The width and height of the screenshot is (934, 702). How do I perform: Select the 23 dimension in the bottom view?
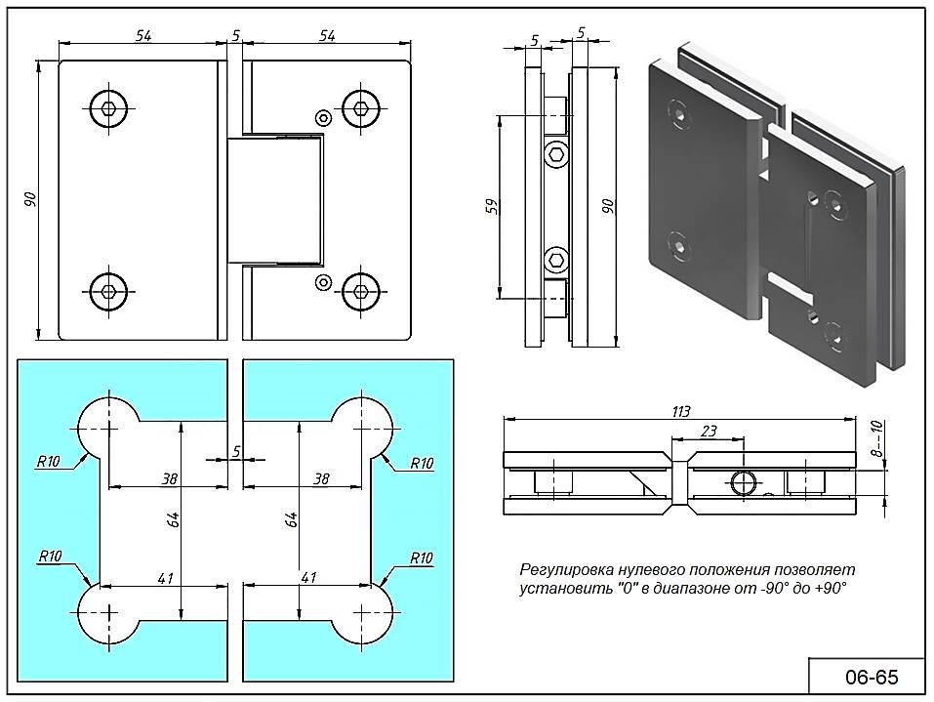(708, 431)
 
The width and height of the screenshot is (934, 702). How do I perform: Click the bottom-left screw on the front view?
(108, 288)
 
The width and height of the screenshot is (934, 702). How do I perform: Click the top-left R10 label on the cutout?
(48, 463)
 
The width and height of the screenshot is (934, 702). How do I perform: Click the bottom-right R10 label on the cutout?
(421, 557)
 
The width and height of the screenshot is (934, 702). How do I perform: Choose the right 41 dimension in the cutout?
(308, 577)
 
